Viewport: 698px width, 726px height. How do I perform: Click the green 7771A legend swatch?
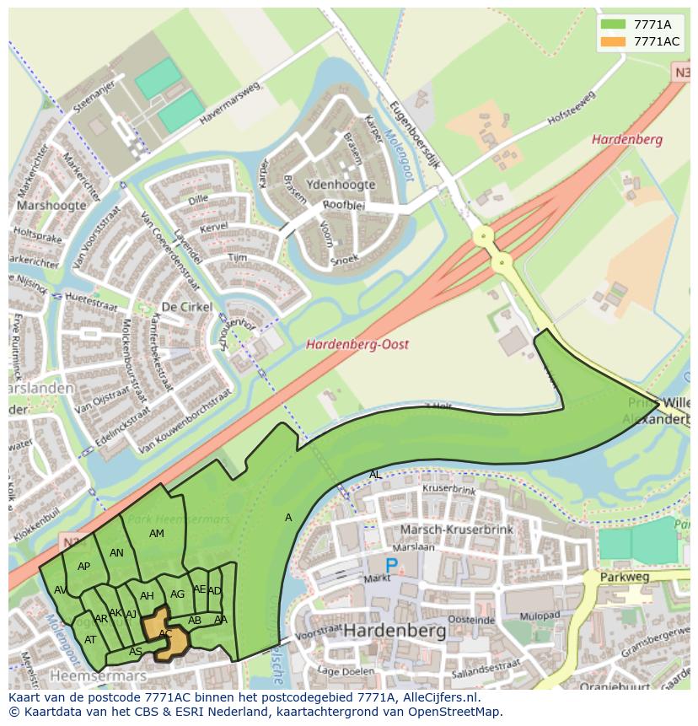[614, 24]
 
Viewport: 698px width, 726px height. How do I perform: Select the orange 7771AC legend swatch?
[614, 41]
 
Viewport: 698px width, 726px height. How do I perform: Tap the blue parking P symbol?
[390, 567]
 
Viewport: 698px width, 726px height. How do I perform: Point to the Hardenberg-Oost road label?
[357, 344]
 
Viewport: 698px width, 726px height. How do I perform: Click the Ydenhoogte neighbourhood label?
[341, 185]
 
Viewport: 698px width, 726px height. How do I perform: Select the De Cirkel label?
[186, 307]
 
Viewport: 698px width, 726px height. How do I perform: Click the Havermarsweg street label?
[230, 106]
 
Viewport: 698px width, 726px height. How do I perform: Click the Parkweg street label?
[625, 578]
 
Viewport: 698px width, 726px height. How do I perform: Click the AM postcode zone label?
[157, 534]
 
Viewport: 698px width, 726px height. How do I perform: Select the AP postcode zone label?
[83, 567]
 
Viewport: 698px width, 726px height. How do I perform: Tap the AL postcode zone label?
[375, 475]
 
